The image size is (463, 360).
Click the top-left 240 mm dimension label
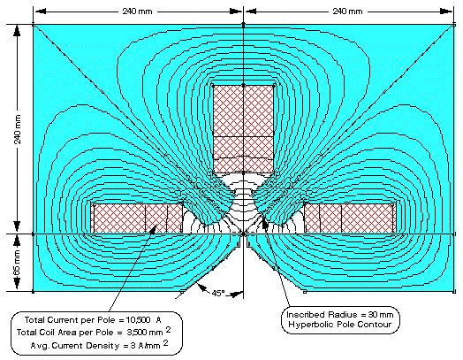(137, 11)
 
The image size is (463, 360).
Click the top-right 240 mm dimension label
(347, 11)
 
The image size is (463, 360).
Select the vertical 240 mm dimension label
(18, 129)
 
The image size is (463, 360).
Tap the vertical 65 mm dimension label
(17, 262)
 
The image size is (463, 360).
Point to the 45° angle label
(218, 293)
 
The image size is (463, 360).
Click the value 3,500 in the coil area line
(137, 333)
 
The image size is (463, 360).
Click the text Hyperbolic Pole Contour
(340, 325)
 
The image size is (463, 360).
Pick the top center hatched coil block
(243, 129)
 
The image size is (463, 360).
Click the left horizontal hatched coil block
(138, 218)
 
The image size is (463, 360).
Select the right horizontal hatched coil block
(350, 218)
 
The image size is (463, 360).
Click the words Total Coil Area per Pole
(65, 333)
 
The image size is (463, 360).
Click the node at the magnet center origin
(243, 234)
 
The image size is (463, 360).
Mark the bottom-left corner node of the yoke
(33, 292)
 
